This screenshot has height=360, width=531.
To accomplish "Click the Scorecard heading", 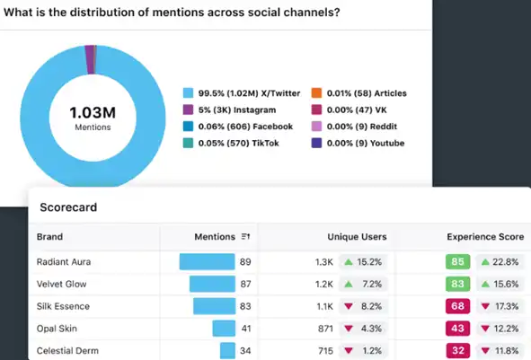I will click(68, 207).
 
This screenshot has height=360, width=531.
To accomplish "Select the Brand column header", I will click(49, 237).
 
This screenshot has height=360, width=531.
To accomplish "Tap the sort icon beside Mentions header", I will click(245, 237).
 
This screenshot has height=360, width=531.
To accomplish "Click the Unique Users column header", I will click(357, 237).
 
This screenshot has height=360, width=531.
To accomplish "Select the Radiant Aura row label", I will click(65, 262).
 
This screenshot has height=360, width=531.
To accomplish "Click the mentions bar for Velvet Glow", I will click(212, 284).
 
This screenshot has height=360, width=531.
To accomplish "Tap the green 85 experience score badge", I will click(457, 262).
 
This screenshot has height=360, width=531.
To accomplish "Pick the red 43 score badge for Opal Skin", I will click(457, 328).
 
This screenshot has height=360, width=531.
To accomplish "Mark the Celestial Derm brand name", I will click(67, 349).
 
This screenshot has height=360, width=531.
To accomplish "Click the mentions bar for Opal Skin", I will click(224, 328).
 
